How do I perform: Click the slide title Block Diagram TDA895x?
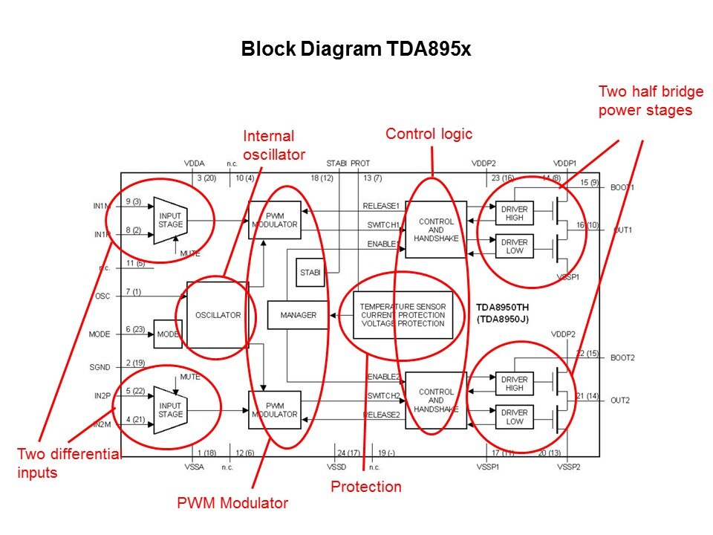(x=356, y=50)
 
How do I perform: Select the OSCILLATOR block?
(x=217, y=315)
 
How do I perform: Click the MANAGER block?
(x=298, y=315)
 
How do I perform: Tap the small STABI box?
(x=310, y=272)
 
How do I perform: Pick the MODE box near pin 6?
(x=168, y=334)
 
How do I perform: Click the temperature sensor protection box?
(x=403, y=315)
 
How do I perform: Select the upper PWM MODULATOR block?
(x=274, y=220)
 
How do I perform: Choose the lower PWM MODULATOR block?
(x=274, y=409)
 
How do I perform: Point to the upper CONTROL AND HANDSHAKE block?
(x=436, y=229)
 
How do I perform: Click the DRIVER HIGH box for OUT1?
(x=515, y=213)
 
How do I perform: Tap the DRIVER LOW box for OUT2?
(x=515, y=417)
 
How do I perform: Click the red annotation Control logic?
(x=429, y=134)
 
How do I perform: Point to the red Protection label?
(x=365, y=487)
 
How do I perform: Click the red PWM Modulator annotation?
(x=232, y=503)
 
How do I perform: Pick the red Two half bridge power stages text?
(x=645, y=101)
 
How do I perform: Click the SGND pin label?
(x=99, y=367)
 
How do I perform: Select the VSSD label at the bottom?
(x=336, y=467)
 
